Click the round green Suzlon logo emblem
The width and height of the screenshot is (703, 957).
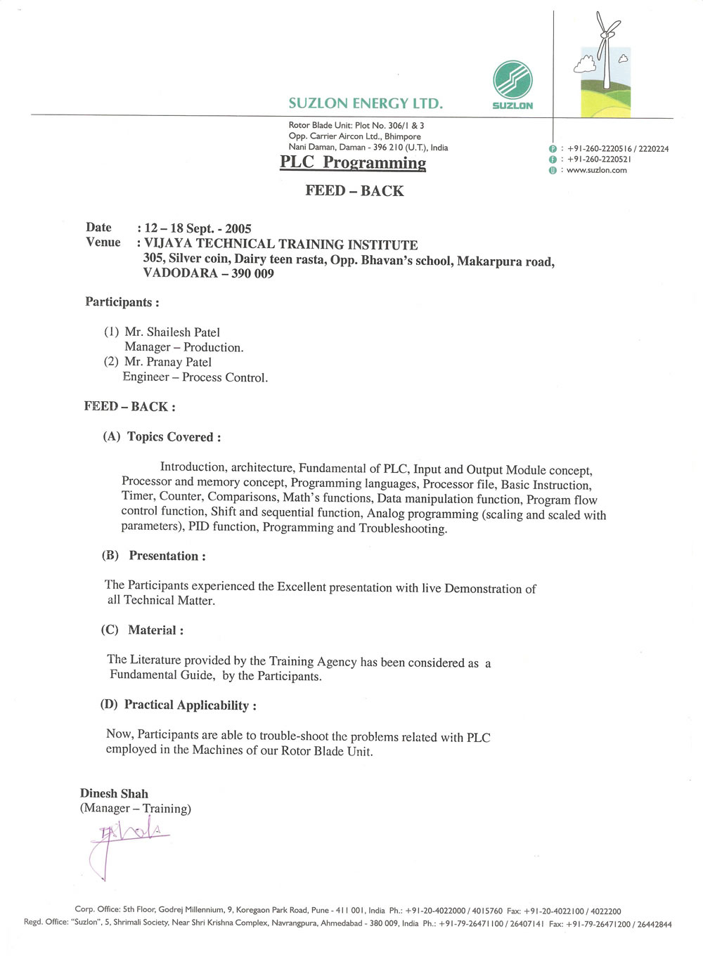(x=512, y=79)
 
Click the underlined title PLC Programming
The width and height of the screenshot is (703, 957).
(x=353, y=162)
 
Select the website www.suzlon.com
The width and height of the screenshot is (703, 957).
(x=596, y=170)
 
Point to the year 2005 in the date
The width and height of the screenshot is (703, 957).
(x=238, y=229)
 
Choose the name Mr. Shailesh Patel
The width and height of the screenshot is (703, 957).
(x=172, y=332)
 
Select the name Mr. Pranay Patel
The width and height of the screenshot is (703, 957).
(x=168, y=363)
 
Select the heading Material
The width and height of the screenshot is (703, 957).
(x=155, y=630)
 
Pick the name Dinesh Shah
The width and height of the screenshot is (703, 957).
(x=114, y=794)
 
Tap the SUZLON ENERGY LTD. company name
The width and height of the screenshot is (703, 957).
(x=366, y=104)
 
